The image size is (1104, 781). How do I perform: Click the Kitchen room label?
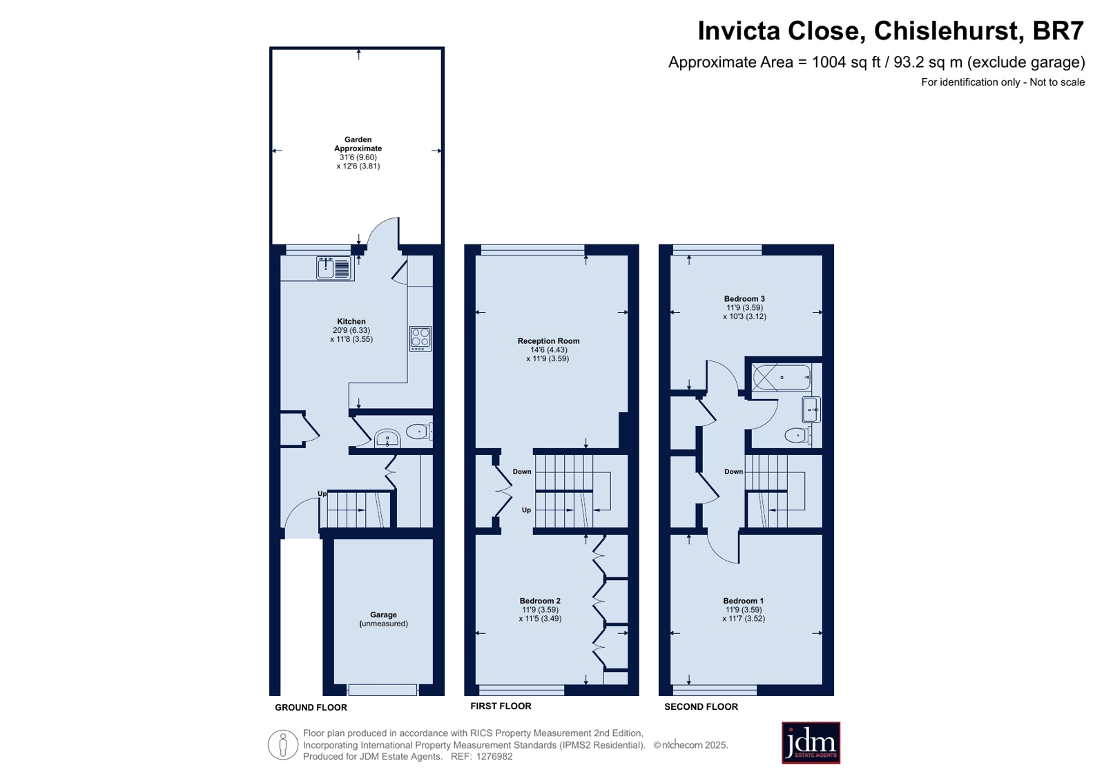point(351,322)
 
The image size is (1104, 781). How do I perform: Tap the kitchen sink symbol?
point(333,268)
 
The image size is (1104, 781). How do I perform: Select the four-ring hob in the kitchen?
point(420,339)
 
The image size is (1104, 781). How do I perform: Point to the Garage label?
point(383,615)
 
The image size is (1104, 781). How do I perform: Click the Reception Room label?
point(549,340)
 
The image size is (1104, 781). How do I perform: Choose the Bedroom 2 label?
point(540,601)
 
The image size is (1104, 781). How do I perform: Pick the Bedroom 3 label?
point(744,298)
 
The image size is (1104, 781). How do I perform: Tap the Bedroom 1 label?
point(743,601)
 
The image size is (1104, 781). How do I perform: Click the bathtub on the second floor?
point(781,378)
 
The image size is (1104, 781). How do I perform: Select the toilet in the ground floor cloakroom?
point(419,432)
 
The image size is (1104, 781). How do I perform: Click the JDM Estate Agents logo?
point(811,742)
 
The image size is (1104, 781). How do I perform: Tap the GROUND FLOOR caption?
point(311,708)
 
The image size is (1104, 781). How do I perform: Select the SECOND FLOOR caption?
point(701,706)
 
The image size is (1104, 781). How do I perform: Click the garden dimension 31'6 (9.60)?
point(358,157)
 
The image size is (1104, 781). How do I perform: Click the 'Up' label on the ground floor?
point(322,493)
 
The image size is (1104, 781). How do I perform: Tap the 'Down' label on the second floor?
point(733,472)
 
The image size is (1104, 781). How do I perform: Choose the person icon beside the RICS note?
point(283,744)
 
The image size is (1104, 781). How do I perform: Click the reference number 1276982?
point(494,756)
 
